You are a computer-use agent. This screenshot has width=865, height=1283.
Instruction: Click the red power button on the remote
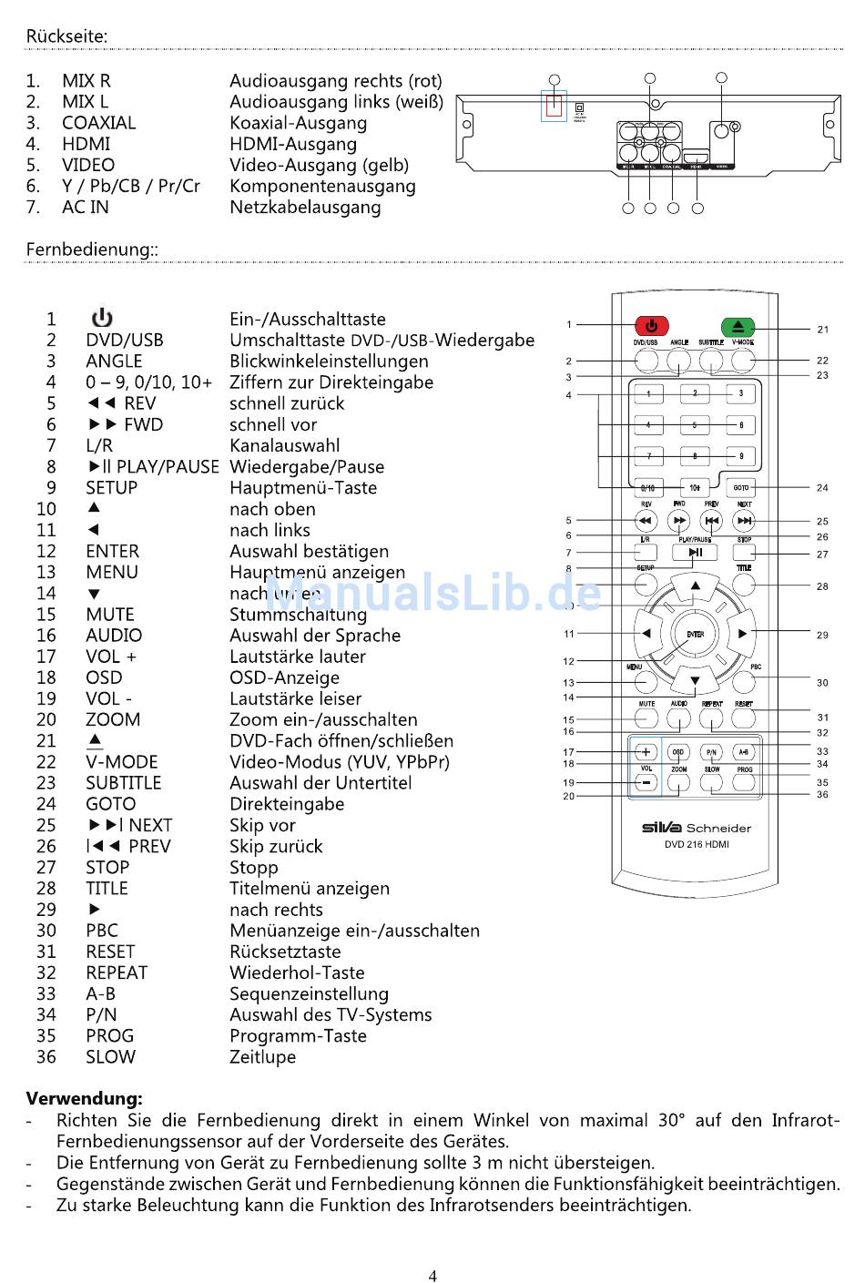[x=650, y=325]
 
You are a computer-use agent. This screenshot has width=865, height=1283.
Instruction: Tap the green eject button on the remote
[x=738, y=326]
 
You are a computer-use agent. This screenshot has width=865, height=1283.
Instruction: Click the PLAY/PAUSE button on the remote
[x=695, y=552]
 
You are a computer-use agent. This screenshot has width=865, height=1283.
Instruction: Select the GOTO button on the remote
[x=741, y=488]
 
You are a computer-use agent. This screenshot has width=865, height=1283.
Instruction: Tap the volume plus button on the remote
[x=646, y=752]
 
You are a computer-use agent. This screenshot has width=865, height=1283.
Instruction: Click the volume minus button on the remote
[x=646, y=783]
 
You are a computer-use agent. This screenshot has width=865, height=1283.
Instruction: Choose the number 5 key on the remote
[x=695, y=424]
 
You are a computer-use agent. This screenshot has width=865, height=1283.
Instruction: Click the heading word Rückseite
[x=66, y=36]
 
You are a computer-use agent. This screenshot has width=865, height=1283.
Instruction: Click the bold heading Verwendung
[x=84, y=1098]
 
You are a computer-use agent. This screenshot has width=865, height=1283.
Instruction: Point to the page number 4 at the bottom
[x=432, y=1276]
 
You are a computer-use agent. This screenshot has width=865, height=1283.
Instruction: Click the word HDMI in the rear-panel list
[x=86, y=144]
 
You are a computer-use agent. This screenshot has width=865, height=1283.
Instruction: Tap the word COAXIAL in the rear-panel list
[x=98, y=123]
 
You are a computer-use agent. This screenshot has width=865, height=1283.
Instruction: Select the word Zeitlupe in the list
[x=262, y=1057]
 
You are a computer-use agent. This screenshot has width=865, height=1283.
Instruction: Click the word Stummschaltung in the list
[x=298, y=615]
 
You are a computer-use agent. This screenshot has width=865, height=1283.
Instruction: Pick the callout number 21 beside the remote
[x=822, y=330]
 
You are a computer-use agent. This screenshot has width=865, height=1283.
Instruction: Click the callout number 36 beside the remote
[x=822, y=795]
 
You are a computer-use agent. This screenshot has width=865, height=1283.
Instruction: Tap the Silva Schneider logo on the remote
[x=696, y=828]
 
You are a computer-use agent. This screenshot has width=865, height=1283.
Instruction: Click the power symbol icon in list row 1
[x=101, y=318]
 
